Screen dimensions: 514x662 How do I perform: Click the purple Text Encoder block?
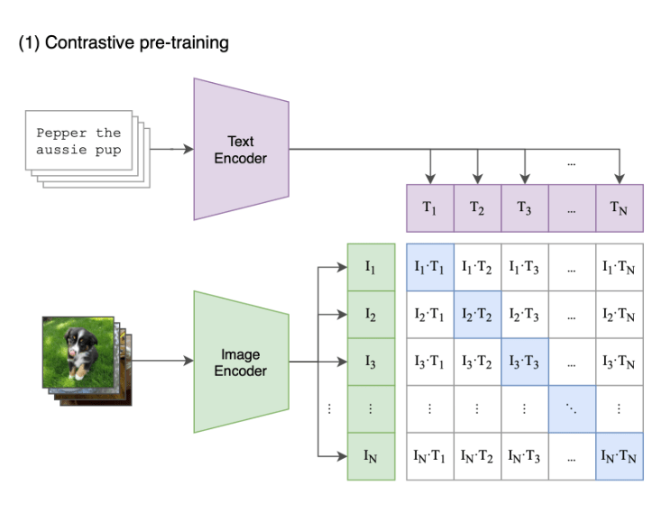click(241, 149)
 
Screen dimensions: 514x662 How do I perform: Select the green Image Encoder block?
click(241, 362)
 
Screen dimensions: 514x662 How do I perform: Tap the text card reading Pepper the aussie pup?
click(78, 141)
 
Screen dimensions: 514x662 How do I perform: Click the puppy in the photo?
click(79, 348)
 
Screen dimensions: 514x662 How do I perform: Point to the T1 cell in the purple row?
click(429, 207)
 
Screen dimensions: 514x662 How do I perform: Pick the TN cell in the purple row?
click(619, 207)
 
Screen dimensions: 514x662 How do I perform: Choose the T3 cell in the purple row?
click(524, 207)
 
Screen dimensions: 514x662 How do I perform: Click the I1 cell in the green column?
click(371, 267)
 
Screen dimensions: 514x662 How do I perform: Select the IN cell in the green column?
click(371, 456)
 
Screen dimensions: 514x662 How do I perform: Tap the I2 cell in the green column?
click(371, 315)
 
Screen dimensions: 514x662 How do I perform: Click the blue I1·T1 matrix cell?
click(429, 267)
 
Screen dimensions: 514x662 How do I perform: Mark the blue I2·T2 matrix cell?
click(477, 315)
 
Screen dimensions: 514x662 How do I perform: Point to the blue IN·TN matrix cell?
click(619, 456)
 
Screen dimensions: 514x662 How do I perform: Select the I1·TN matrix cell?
click(619, 267)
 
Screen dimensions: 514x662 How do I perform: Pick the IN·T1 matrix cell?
click(429, 456)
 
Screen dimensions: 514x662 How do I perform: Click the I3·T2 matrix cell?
click(477, 362)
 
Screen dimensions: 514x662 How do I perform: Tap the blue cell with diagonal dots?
click(572, 408)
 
